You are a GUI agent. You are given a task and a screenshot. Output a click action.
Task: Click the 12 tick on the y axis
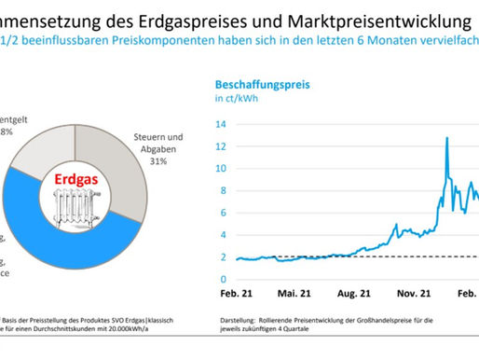coord(220,146)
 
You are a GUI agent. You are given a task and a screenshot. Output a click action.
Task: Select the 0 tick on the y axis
coord(223,279)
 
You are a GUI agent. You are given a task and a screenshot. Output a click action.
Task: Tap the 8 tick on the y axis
coord(223,190)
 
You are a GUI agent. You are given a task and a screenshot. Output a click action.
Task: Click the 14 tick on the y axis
coord(220,124)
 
